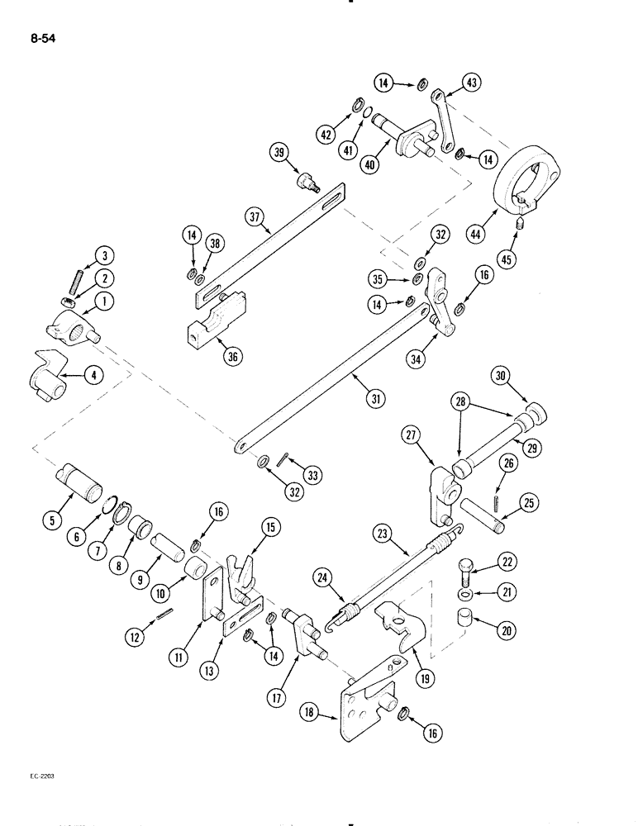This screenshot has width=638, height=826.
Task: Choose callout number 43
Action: coord(473,83)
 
